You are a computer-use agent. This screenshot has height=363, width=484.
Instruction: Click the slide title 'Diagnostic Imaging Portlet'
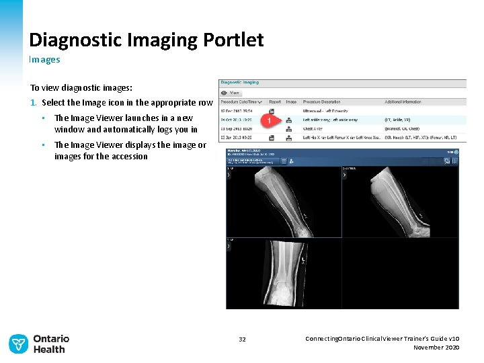(146, 40)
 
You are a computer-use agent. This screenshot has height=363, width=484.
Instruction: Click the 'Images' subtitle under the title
(44, 59)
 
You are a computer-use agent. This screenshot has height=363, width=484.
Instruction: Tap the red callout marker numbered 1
(269, 120)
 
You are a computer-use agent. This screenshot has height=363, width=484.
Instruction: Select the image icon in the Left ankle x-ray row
(290, 120)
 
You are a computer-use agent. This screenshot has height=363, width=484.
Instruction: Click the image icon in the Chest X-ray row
(290, 128)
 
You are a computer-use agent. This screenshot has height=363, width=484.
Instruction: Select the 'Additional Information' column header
(403, 102)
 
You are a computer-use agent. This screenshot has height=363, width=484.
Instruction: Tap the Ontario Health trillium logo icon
(18, 344)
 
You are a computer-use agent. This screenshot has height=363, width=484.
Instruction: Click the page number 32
(242, 339)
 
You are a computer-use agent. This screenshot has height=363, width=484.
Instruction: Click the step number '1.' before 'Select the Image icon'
(33, 103)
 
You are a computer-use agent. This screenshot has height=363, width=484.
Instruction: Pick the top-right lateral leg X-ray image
(400, 202)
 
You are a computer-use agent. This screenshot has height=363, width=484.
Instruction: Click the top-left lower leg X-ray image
(284, 202)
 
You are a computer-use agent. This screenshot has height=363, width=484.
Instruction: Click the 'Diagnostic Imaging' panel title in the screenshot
(241, 83)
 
